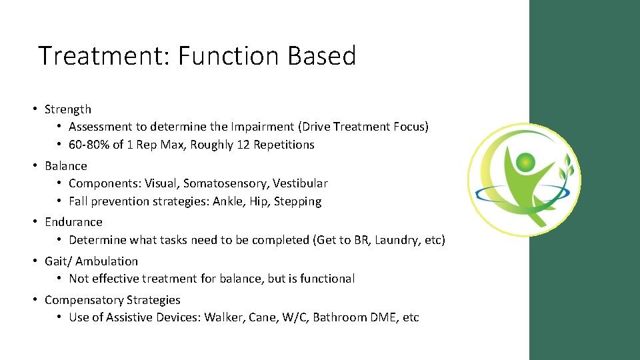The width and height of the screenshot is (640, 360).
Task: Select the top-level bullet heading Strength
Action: [x=68, y=109]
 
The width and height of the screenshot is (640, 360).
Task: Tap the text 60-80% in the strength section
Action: [x=89, y=145]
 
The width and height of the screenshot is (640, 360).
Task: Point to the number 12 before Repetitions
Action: [x=239, y=145]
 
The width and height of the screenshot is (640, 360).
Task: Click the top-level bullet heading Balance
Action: [x=66, y=166]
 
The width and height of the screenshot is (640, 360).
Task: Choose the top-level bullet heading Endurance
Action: [x=73, y=222]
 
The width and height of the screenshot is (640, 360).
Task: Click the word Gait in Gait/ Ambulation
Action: [x=56, y=261]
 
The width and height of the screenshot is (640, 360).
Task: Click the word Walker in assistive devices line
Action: [x=223, y=317]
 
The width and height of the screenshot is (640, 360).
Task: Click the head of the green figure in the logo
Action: [x=526, y=161]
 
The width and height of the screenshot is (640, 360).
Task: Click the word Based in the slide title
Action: [x=322, y=55]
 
